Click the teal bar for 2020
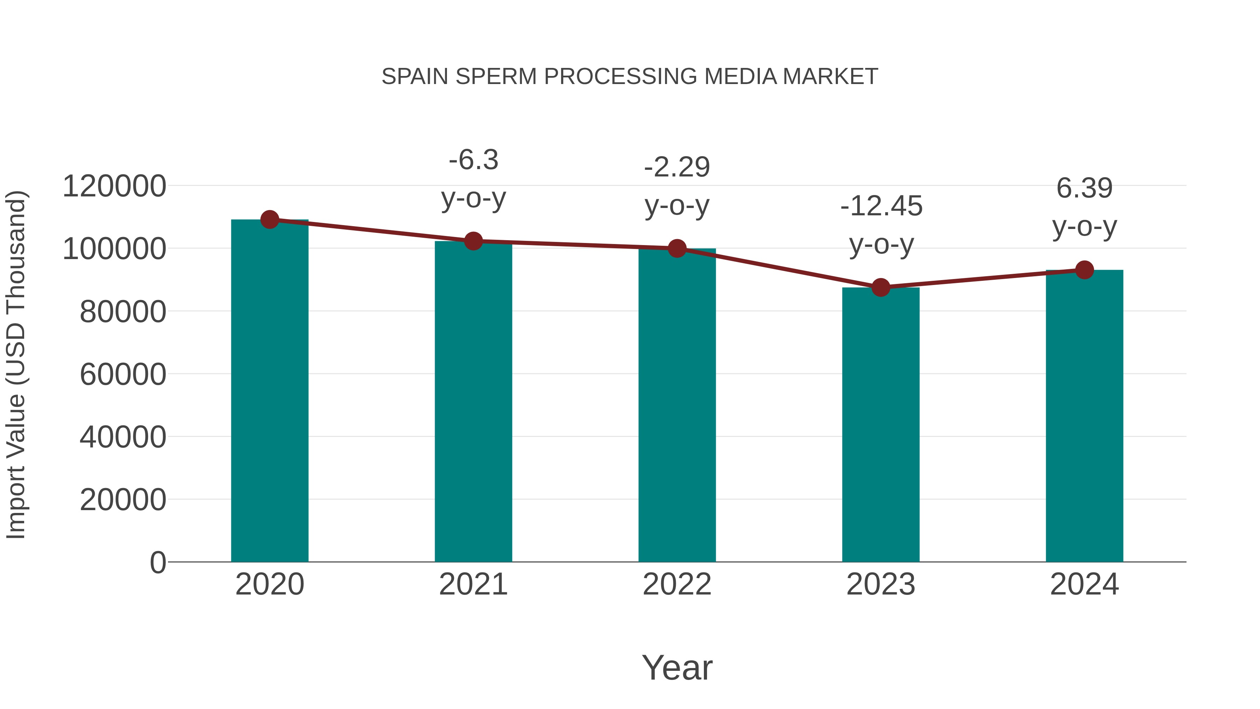tap(269, 391)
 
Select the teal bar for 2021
tap(473, 401)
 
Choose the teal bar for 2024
tap(1084, 416)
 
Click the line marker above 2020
tap(269, 220)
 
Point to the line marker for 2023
tap(881, 287)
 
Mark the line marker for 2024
tap(1084, 270)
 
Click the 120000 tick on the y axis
tap(114, 186)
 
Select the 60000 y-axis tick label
tap(123, 374)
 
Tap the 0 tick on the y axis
tap(158, 562)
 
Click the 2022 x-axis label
tap(677, 584)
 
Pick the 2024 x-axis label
tap(1084, 584)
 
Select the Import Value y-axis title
tap(16, 364)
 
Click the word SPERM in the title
tap(496, 77)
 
